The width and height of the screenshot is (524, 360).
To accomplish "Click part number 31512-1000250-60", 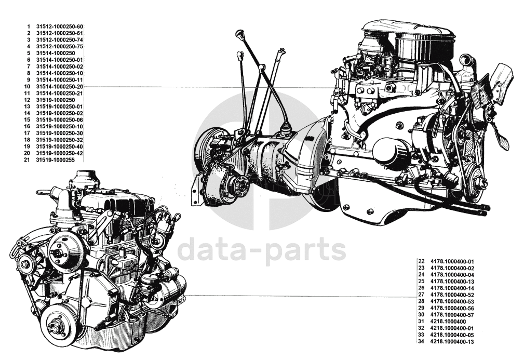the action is pyautogui.click(x=60, y=26).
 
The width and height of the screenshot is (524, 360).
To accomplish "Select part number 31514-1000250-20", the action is pyautogui.click(x=60, y=87).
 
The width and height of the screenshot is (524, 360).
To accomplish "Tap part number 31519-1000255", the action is pyautogui.click(x=55, y=160).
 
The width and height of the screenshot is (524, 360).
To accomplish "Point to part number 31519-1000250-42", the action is pyautogui.click(x=60, y=153).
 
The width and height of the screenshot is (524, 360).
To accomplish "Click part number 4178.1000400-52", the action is pyautogui.click(x=452, y=295).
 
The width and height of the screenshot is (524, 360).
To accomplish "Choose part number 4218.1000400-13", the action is pyautogui.click(x=452, y=342).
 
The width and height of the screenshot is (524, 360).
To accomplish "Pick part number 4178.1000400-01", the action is pyautogui.click(x=452, y=261).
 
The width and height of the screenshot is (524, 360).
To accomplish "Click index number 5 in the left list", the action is pyautogui.click(x=29, y=53).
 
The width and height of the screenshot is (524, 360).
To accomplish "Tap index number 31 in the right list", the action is pyautogui.click(x=421, y=322).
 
